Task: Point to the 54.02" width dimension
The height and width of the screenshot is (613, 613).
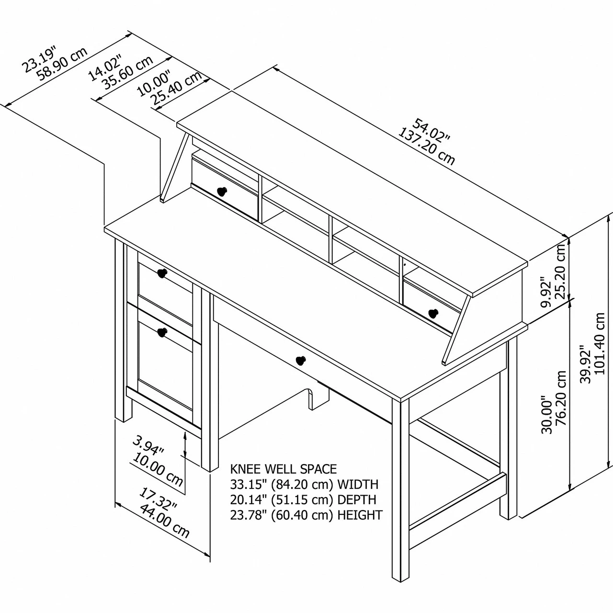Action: [431, 131]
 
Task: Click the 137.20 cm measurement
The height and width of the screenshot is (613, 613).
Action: [426, 147]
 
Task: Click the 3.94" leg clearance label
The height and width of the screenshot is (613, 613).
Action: [148, 445]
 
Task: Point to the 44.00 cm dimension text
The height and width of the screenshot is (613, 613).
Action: [164, 522]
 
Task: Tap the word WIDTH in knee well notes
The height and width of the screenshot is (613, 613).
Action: [358, 485]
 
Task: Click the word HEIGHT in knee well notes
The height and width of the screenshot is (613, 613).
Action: [360, 515]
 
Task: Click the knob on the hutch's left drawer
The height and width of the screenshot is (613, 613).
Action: [222, 191]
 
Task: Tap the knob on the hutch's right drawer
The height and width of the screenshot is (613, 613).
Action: [433, 313]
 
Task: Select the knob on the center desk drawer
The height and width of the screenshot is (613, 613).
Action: [301, 361]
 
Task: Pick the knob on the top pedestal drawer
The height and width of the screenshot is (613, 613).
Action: [162, 273]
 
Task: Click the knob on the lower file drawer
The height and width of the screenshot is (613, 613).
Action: [162, 332]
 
